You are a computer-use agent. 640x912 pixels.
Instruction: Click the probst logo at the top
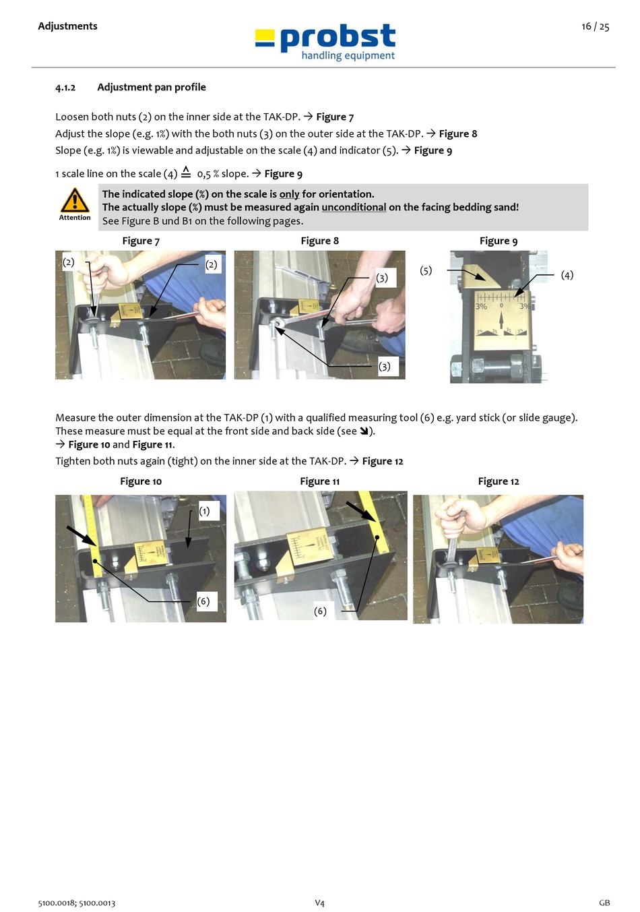coord(325,42)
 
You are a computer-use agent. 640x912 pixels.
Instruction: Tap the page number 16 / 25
coord(595,26)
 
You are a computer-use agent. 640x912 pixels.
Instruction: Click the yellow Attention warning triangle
coord(75,200)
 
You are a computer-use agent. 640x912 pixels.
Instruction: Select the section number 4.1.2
coord(65,88)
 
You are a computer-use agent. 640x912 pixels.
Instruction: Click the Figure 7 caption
coord(141,241)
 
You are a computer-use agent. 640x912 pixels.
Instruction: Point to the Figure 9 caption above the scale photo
coord(499,241)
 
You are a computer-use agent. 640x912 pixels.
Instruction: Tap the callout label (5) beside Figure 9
coord(426,271)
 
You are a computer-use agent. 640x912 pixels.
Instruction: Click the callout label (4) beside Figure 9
coord(567,275)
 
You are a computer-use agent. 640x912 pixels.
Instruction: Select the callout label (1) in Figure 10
coord(204,511)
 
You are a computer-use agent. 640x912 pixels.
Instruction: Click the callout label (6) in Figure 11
coord(320,611)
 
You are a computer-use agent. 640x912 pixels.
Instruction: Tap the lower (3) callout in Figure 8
coord(384,367)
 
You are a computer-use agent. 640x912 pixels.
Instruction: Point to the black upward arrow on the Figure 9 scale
coord(501,320)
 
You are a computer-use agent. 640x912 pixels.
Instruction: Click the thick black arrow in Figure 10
coord(82,536)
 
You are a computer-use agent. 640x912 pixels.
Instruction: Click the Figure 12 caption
coord(499,482)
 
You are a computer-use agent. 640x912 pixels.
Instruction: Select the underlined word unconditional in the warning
coord(354,207)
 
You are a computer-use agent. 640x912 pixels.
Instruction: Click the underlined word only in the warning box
coord(289,194)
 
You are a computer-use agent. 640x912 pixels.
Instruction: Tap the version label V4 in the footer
coord(319,903)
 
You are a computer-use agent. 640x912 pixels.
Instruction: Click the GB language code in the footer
coord(604,903)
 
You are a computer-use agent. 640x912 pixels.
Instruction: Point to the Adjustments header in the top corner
coord(67,26)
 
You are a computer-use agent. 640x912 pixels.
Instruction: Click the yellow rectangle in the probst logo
coord(265,34)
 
